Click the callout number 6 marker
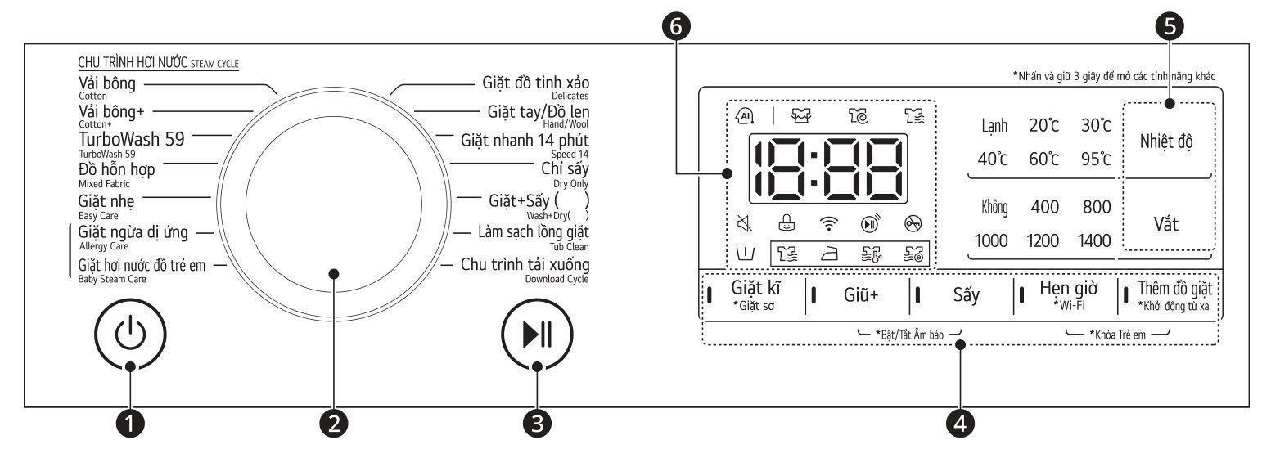(x=678, y=26)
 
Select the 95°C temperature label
(x=1094, y=159)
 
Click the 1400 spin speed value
(x=1094, y=240)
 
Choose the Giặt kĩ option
(x=754, y=295)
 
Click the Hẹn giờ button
(x=1068, y=295)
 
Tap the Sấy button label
(x=967, y=295)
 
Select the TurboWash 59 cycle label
(x=131, y=139)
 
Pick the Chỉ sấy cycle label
(x=565, y=169)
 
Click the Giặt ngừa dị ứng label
(x=133, y=232)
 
